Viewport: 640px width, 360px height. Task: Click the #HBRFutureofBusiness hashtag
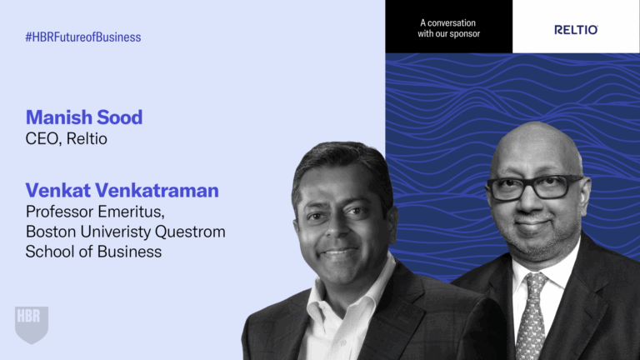pos(83,37)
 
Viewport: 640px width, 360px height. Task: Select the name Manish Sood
pos(84,117)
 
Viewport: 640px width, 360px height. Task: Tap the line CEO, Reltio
pos(67,138)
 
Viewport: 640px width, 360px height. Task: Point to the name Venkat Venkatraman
pos(122,190)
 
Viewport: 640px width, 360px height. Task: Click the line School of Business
pos(93,252)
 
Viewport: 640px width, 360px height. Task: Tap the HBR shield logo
pos(32,323)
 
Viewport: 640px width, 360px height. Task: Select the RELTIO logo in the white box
pos(576,30)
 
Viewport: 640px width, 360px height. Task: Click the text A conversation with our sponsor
pos(449,28)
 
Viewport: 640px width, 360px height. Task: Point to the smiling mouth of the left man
pos(337,251)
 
